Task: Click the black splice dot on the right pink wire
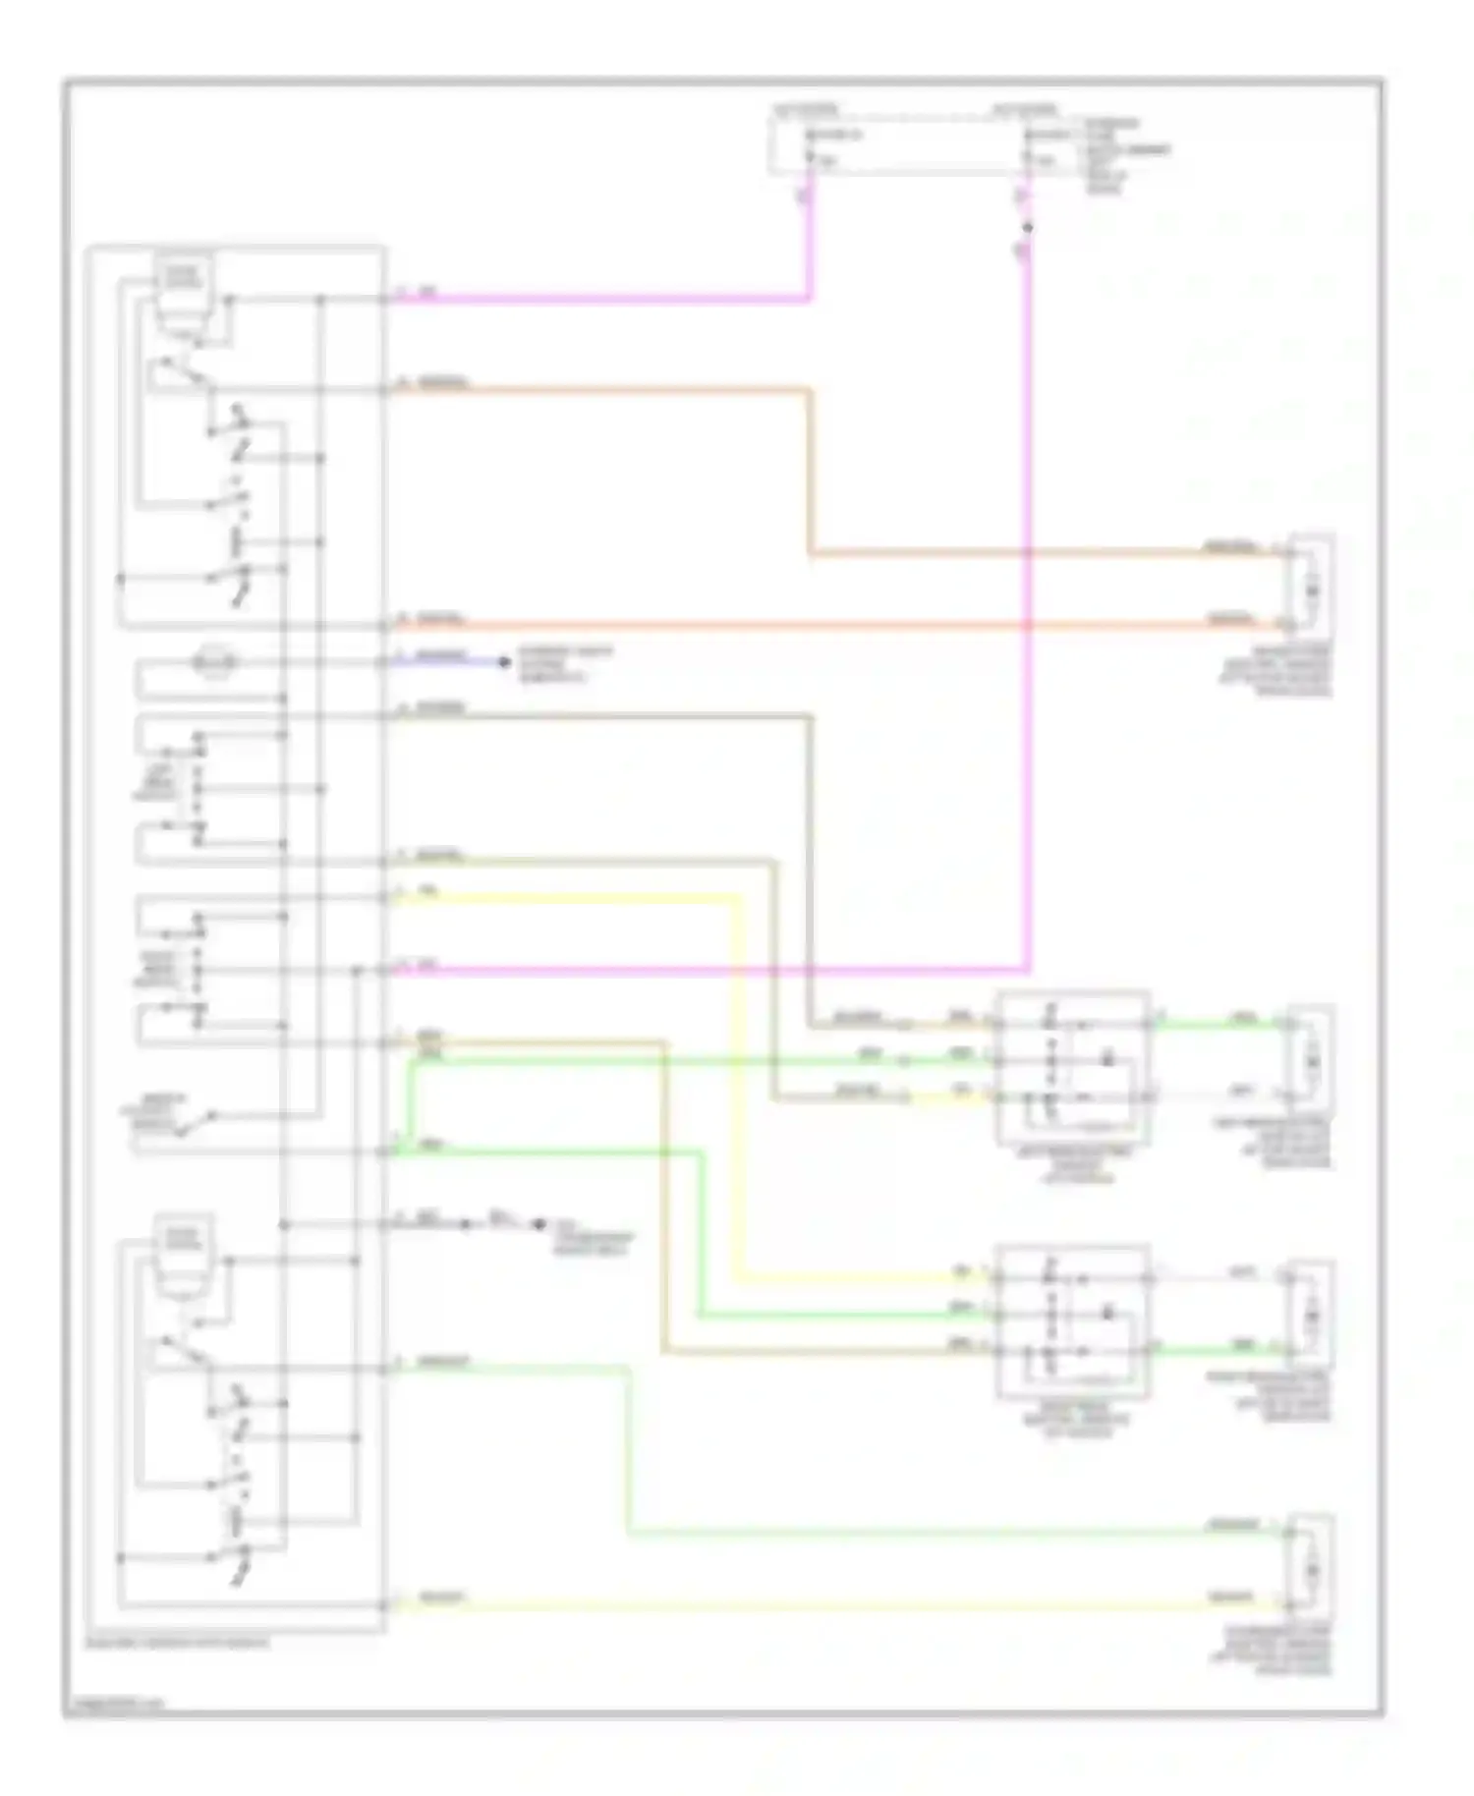(x=1029, y=227)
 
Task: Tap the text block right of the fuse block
(x=1126, y=155)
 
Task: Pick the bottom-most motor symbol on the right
(x=1312, y=1570)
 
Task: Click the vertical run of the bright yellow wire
(x=734, y=1081)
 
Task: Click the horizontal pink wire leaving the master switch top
(x=599, y=299)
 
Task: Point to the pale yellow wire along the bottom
(x=786, y=1605)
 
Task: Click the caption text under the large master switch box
(x=178, y=1643)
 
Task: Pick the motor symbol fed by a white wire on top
(x=1312, y=1315)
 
